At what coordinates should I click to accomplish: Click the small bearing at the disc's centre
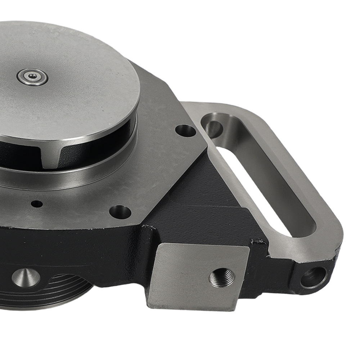[x=32, y=76]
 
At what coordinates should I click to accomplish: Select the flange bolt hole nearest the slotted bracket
[x=186, y=130]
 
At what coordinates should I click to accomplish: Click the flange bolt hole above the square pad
[x=120, y=212]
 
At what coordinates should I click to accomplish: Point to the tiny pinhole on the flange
[x=37, y=204]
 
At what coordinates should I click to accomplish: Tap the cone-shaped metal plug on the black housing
[x=26, y=278]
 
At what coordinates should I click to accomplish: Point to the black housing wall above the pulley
[x=72, y=248]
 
